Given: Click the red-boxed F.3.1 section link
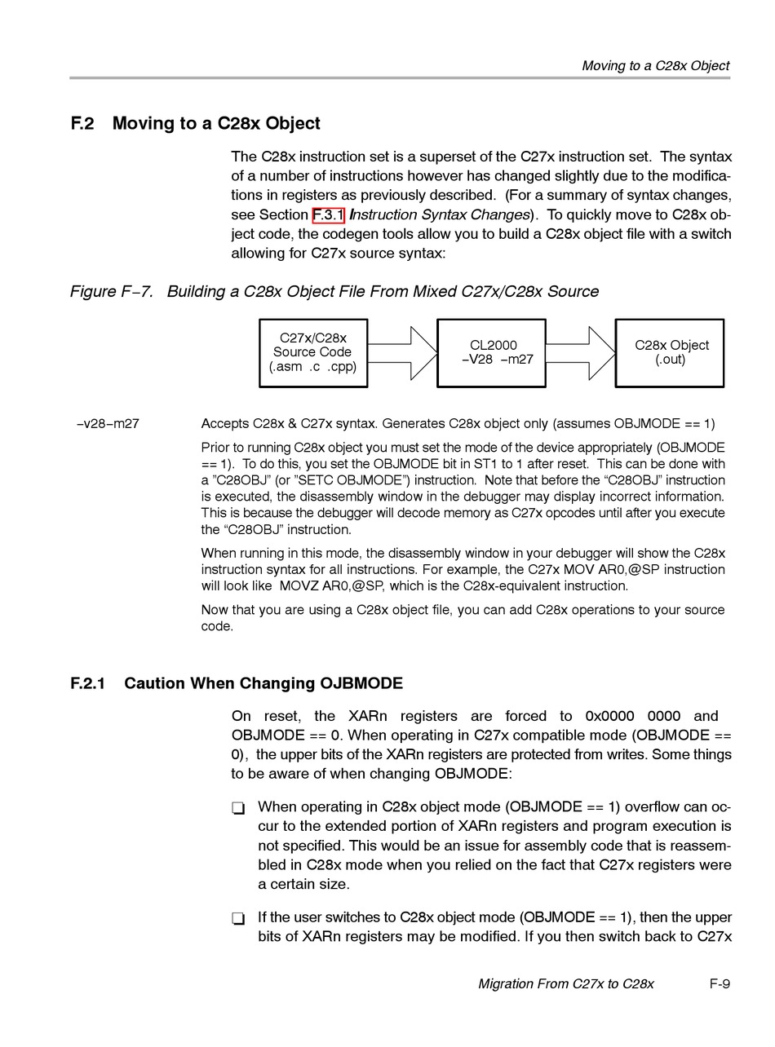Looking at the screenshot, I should point(329,215).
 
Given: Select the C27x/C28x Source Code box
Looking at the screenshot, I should point(313,352).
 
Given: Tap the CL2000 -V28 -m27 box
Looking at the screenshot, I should point(492,352).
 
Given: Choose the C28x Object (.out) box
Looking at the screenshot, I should point(670,352).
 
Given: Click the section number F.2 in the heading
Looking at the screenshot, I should point(82,124).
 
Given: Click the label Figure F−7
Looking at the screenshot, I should point(112,292).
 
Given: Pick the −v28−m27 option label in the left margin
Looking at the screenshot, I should point(108,424).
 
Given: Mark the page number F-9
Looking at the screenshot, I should point(720,983).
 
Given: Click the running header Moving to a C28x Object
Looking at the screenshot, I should point(655,65).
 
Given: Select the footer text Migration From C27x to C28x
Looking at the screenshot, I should point(565,983).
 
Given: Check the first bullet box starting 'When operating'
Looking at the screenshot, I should point(238,808).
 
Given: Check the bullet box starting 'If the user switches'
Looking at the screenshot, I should point(238,919).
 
